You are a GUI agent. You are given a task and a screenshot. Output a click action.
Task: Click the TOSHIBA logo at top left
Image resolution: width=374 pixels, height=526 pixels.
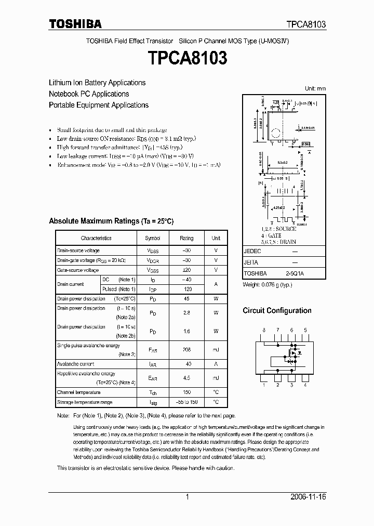[x=75, y=23]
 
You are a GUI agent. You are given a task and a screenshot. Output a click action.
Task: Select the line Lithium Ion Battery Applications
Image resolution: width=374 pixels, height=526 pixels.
[x=97, y=83]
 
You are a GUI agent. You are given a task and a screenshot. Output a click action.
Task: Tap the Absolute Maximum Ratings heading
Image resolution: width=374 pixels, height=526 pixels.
[x=111, y=221]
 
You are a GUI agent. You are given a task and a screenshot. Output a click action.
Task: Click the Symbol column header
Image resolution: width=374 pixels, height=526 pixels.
[x=152, y=238]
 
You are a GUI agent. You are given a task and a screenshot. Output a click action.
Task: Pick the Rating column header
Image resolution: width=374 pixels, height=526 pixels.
[x=186, y=238]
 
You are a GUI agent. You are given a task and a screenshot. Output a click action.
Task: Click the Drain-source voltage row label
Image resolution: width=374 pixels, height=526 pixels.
[x=78, y=251]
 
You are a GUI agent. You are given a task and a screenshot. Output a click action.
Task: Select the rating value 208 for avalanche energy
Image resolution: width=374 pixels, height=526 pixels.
[x=186, y=350]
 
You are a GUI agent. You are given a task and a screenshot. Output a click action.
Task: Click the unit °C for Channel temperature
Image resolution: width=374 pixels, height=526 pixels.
[x=216, y=392]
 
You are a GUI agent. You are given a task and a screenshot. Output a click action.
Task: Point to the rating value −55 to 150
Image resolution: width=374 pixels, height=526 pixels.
[x=186, y=402]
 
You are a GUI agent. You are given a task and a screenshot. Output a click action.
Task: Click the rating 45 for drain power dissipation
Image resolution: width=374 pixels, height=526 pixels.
[x=186, y=299]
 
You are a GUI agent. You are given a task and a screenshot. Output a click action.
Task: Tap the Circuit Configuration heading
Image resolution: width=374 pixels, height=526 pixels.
[x=277, y=311]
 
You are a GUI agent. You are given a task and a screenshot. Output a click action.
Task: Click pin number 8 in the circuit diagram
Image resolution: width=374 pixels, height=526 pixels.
[x=264, y=331]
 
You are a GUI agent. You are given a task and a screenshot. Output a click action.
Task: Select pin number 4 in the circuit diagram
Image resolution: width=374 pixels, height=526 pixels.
[x=305, y=385]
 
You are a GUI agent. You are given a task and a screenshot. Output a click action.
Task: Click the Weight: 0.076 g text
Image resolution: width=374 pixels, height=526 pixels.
[x=268, y=285]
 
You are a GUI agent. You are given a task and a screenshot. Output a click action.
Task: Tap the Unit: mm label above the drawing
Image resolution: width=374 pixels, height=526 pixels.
[x=315, y=88]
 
